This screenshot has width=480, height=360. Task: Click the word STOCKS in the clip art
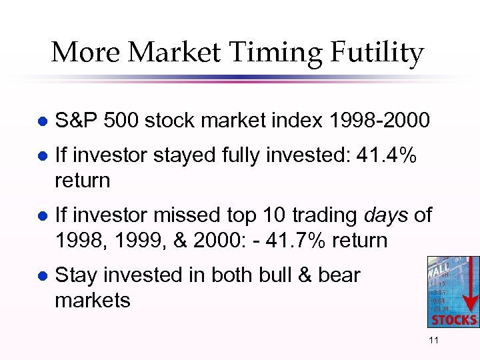pyautogui.click(x=454, y=319)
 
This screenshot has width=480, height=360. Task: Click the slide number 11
pyautogui.click(x=433, y=341)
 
